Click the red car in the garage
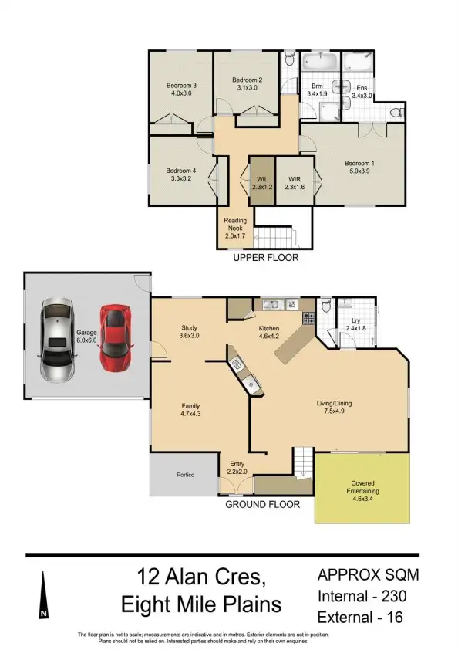113,337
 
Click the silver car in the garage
58,340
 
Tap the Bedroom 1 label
359,168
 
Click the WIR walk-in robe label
295,182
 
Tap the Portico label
184,475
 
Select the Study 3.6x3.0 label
190,332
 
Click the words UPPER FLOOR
265,259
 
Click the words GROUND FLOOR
261,504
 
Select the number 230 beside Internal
391,596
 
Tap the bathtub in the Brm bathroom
318,61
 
